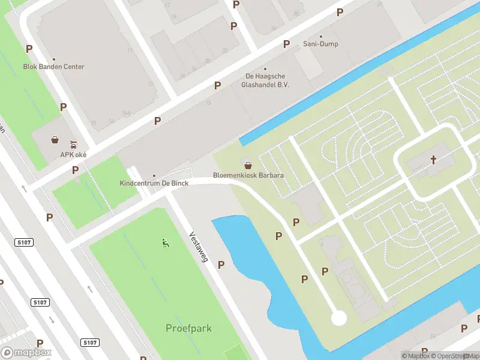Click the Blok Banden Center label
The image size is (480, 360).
(53, 67)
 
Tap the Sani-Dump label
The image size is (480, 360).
(320, 44)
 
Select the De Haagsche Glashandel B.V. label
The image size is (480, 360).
(265, 80)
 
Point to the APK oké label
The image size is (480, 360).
(70, 154)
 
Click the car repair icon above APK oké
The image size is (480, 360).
(73, 144)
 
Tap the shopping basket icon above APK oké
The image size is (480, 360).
(55, 140)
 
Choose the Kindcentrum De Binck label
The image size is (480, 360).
(154, 183)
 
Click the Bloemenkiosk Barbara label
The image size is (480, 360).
(248, 176)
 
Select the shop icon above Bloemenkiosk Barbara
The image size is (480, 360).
(247, 164)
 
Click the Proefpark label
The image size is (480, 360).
(188, 328)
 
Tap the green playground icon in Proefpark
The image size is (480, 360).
(164, 242)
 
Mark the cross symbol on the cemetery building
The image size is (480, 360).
(433, 160)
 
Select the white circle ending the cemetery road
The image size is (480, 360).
(339, 317)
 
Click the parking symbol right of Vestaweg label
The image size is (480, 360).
(221, 265)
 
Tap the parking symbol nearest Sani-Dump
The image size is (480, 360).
(287, 44)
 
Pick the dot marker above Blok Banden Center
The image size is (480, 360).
(53, 59)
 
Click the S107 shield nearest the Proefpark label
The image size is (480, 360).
(89, 343)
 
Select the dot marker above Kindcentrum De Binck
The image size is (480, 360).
(154, 175)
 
